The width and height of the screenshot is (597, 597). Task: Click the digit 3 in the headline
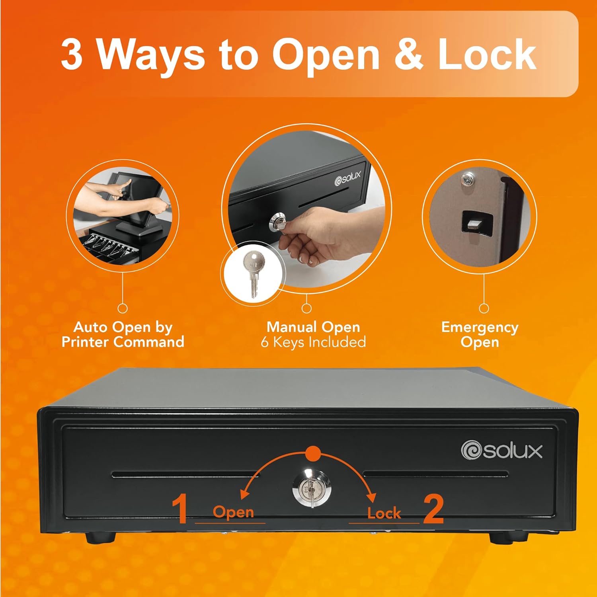[x=72, y=55]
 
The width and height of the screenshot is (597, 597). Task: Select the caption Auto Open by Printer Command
[x=123, y=335]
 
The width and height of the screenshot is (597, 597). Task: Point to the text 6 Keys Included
[x=313, y=342]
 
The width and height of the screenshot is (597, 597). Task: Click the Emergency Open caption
[x=480, y=335]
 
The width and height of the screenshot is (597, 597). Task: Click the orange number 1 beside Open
[x=180, y=508]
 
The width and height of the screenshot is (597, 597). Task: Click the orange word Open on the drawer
[x=233, y=512]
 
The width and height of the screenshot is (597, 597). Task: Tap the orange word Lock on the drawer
[x=384, y=513]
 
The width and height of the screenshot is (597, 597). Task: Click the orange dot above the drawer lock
[x=313, y=453]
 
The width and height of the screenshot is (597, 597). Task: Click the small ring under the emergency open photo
[x=484, y=308]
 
